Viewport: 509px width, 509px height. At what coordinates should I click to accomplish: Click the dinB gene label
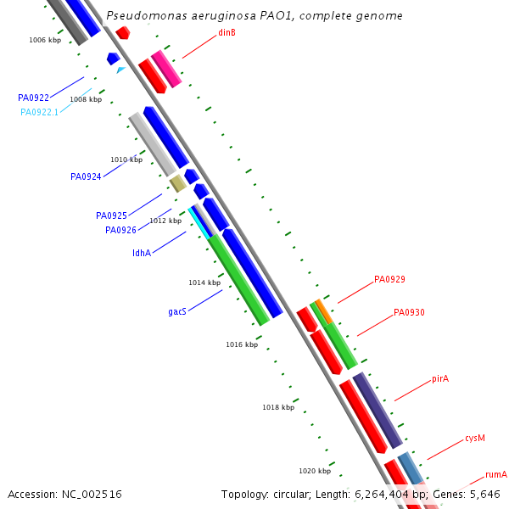click(227, 33)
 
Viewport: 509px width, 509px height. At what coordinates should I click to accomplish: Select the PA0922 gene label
click(33, 98)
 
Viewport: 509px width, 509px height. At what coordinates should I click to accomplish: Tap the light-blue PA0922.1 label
click(39, 112)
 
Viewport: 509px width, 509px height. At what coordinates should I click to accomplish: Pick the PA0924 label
click(86, 177)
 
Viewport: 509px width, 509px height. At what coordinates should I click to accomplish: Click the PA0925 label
click(111, 216)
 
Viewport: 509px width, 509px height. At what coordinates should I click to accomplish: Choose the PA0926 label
click(120, 230)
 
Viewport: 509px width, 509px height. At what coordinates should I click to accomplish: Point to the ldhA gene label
click(141, 253)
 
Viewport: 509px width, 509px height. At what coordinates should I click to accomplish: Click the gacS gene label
click(176, 312)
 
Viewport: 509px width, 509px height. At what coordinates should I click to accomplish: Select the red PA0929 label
click(389, 279)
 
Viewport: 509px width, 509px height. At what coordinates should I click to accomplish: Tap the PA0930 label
click(409, 313)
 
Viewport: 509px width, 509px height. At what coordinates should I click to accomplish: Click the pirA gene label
click(439, 378)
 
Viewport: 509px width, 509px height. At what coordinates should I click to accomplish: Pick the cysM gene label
click(474, 439)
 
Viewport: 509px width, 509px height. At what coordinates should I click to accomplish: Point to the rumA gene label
click(495, 474)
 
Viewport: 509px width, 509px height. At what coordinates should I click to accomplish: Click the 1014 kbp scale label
click(204, 282)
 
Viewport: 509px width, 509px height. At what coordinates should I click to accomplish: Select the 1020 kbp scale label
click(314, 471)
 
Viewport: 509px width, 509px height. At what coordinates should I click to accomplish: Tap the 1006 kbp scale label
click(44, 40)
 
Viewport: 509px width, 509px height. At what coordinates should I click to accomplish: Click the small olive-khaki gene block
click(177, 183)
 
